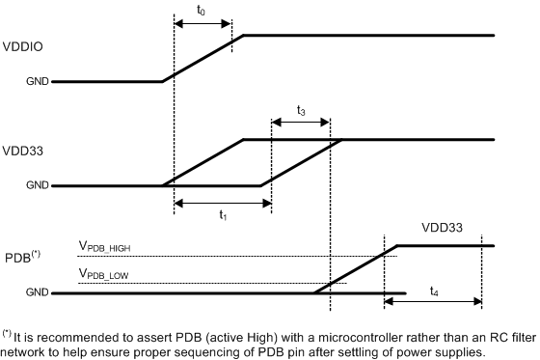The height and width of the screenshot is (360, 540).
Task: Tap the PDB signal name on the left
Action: click(19, 255)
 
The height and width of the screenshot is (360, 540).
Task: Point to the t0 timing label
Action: click(201, 11)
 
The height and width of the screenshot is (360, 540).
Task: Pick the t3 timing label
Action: click(301, 112)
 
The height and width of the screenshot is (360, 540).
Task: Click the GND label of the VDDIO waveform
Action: click(38, 82)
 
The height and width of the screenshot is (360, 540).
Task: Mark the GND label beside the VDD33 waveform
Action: click(38, 185)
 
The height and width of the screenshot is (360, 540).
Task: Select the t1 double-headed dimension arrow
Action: click(222, 203)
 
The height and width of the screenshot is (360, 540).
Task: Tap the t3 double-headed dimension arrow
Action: click(301, 124)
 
